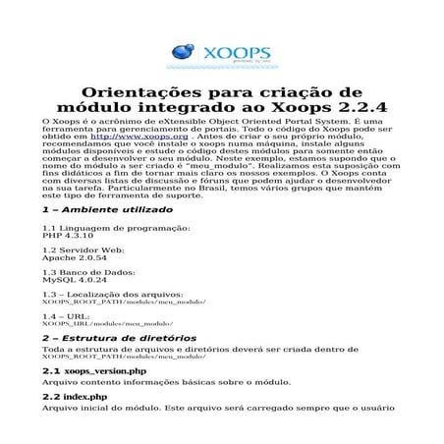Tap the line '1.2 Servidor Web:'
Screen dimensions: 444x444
[x=83, y=250]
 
